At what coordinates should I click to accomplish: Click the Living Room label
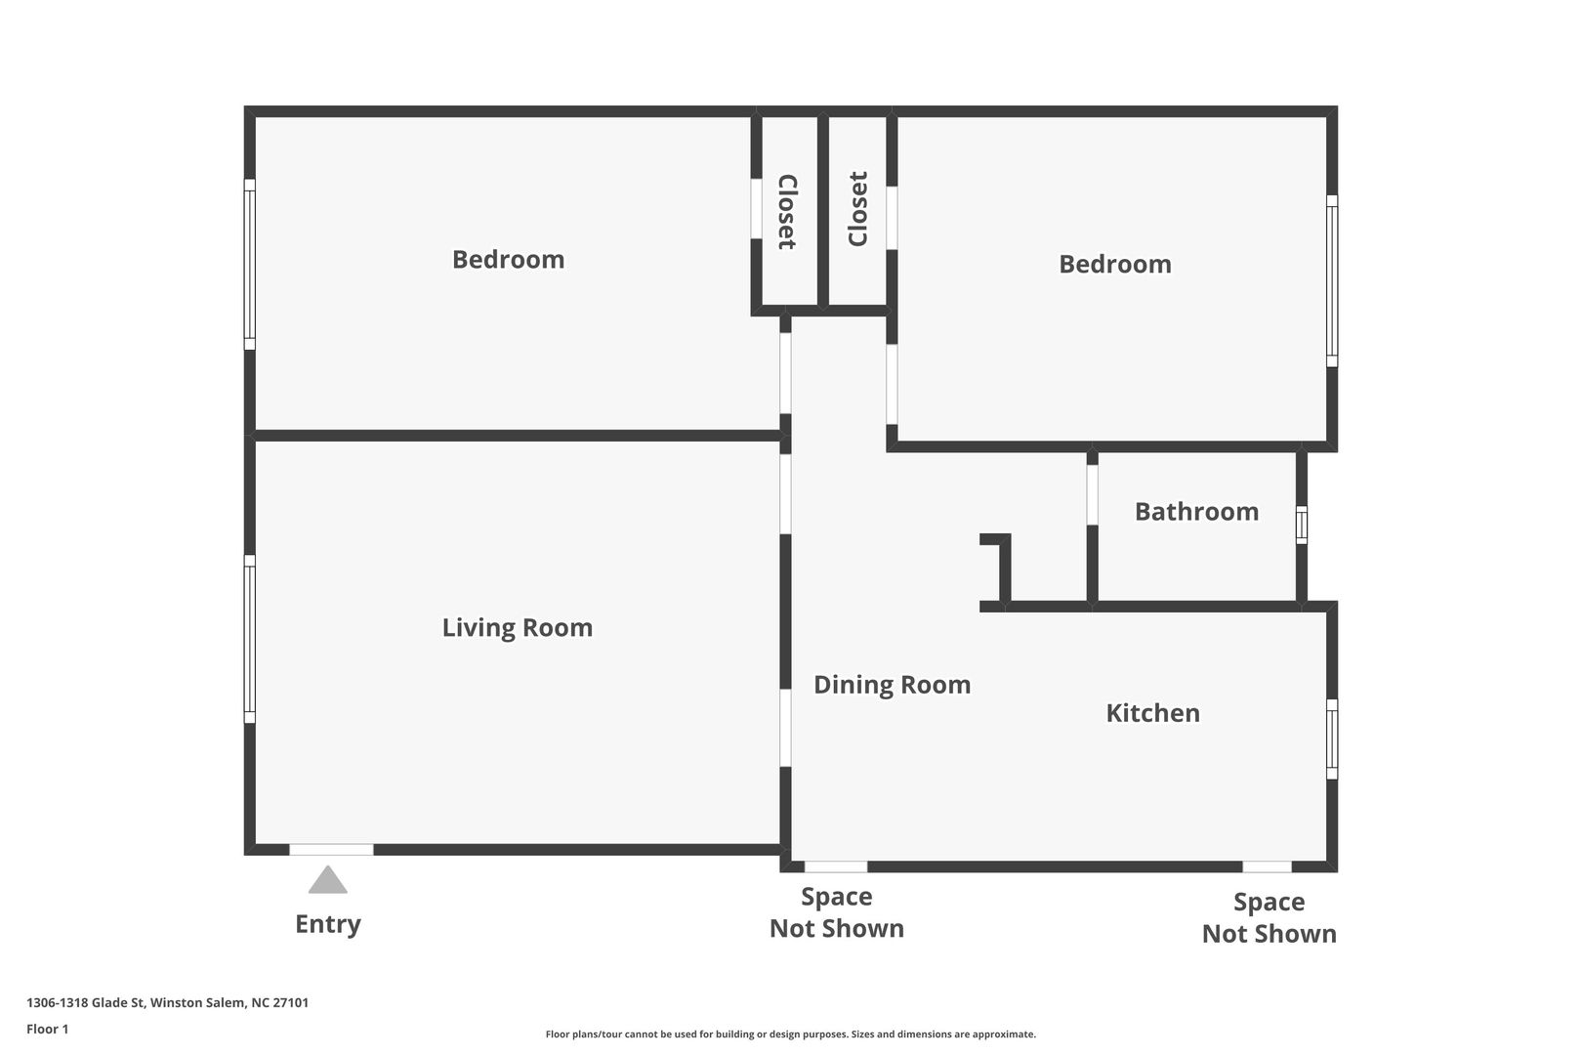click(517, 627)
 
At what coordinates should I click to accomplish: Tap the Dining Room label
click(892, 685)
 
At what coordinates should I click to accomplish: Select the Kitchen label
click(1152, 713)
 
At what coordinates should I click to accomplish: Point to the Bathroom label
click(1196, 512)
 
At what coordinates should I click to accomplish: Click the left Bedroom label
click(509, 259)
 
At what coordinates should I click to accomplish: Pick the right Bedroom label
click(1115, 265)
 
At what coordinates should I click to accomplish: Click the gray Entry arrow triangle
click(328, 880)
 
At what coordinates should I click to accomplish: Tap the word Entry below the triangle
click(328, 924)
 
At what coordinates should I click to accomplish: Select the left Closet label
click(787, 212)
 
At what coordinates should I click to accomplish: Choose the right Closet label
click(857, 209)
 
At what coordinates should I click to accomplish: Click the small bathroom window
click(1302, 525)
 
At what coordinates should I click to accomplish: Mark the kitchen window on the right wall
click(1332, 739)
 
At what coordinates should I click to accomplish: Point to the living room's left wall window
click(249, 639)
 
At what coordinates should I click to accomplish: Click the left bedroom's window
click(249, 265)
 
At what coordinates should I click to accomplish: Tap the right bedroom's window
click(1332, 281)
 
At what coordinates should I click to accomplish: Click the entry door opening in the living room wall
click(331, 849)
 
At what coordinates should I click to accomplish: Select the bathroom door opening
click(1092, 494)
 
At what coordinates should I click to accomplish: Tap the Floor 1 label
click(47, 1029)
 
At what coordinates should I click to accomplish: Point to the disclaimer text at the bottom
click(790, 1034)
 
